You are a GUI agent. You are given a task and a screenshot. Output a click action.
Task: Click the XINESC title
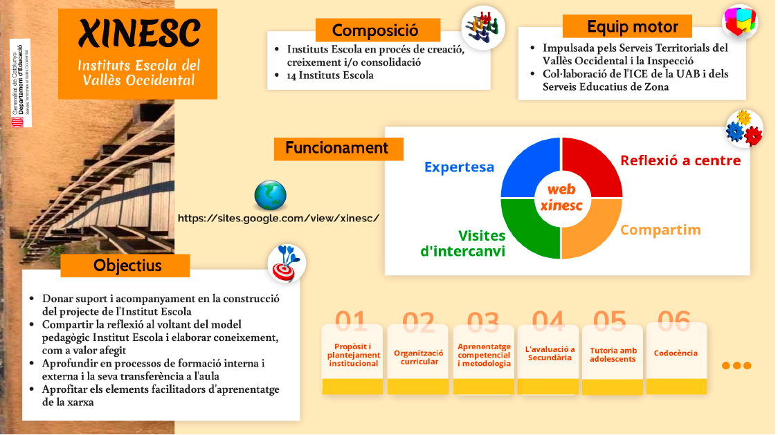click(139, 33)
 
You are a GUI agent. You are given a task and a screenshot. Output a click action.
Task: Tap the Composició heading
click(375, 30)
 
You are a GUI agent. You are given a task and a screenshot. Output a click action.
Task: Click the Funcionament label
click(337, 148)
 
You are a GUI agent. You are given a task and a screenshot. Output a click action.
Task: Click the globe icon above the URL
click(270, 196)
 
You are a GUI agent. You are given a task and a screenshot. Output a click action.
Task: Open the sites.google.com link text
click(278, 218)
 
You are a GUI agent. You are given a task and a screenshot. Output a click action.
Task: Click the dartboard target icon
click(286, 263)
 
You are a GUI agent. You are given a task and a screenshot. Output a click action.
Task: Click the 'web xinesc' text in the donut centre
click(561, 198)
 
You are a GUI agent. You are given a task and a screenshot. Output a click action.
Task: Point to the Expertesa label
click(459, 167)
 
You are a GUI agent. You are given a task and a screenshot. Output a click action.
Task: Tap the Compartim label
click(660, 230)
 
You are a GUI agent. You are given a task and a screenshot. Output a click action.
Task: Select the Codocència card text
click(676, 353)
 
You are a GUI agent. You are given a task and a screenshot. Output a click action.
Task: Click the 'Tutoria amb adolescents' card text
click(613, 355)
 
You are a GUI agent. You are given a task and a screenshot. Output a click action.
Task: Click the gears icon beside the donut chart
click(743, 128)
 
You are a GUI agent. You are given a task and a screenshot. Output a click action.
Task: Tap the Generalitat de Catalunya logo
click(20, 83)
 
